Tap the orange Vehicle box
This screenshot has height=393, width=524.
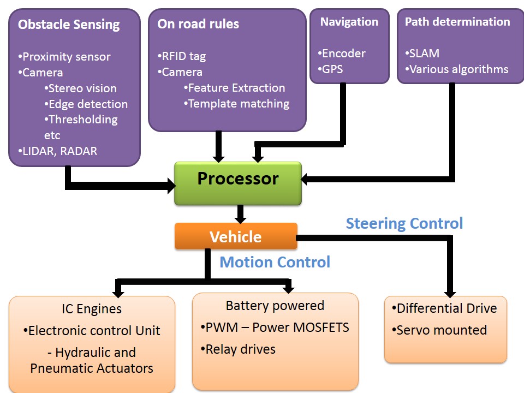(236, 236)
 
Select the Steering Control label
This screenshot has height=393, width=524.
(404, 223)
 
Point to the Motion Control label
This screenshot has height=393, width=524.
(275, 262)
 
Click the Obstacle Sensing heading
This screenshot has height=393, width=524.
(69, 24)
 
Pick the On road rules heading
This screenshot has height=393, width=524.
(198, 23)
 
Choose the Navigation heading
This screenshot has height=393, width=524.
(349, 22)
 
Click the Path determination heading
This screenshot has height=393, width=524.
(457, 22)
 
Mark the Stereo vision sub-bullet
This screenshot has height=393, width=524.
(81, 88)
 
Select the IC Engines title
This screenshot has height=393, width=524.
(92, 309)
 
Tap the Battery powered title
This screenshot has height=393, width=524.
(275, 306)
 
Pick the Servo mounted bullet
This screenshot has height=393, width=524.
(439, 330)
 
